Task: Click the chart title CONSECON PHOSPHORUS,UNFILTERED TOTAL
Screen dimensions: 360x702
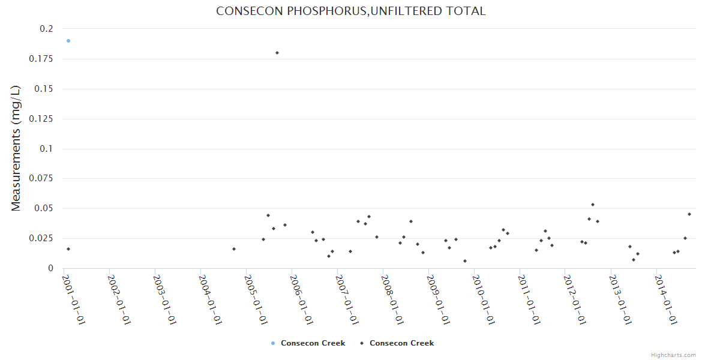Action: click(351, 11)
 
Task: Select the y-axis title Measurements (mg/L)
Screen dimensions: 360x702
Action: click(16, 148)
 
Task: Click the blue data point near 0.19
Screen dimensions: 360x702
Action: click(68, 41)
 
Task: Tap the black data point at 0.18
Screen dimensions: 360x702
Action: click(277, 53)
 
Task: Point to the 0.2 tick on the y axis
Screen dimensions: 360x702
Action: click(47, 29)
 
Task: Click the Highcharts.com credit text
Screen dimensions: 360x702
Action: click(673, 355)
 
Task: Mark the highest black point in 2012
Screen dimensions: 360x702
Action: click(593, 205)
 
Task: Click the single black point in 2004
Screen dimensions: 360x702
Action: click(234, 249)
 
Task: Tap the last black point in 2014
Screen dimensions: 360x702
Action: click(689, 214)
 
